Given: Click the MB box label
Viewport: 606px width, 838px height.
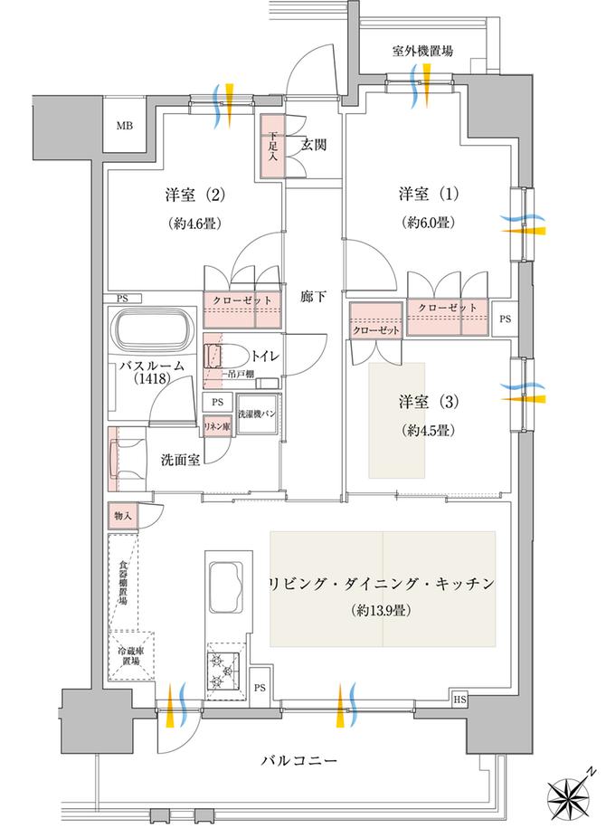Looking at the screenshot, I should coord(123,125).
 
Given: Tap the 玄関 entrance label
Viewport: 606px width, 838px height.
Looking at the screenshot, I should coord(313,144).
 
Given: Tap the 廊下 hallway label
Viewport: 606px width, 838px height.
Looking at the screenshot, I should coord(313,294).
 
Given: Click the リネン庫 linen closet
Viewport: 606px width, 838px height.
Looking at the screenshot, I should coord(215,424).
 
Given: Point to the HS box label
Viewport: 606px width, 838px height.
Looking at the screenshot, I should coord(458,700).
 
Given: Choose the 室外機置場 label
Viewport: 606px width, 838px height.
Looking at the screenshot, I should coord(422,52).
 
